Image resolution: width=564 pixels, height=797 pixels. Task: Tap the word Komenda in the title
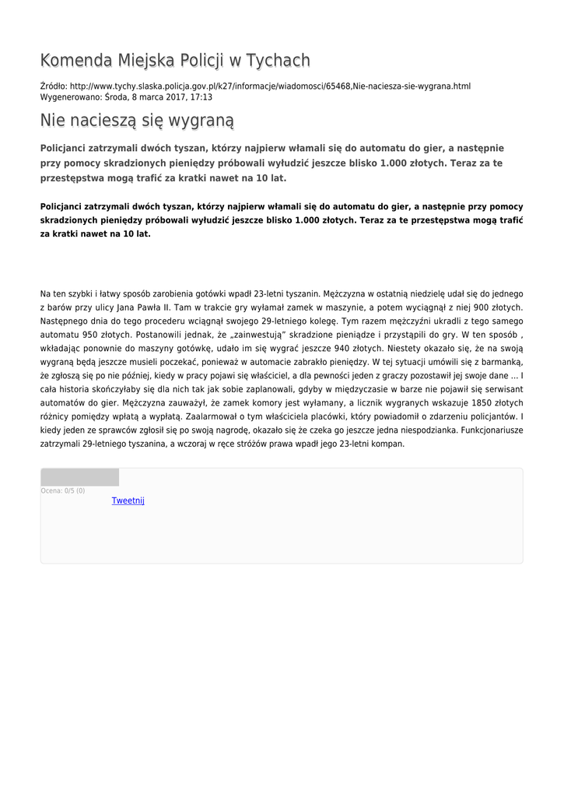(x=75, y=61)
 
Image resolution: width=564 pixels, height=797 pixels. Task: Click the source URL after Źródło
(x=270, y=86)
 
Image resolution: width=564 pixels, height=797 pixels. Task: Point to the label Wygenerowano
(x=70, y=97)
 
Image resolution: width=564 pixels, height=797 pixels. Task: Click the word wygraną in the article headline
(x=198, y=121)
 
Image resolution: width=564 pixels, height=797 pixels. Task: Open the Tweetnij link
(x=128, y=500)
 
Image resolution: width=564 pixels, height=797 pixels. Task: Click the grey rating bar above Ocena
(x=79, y=477)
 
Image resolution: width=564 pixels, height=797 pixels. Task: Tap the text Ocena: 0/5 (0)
(x=63, y=491)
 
